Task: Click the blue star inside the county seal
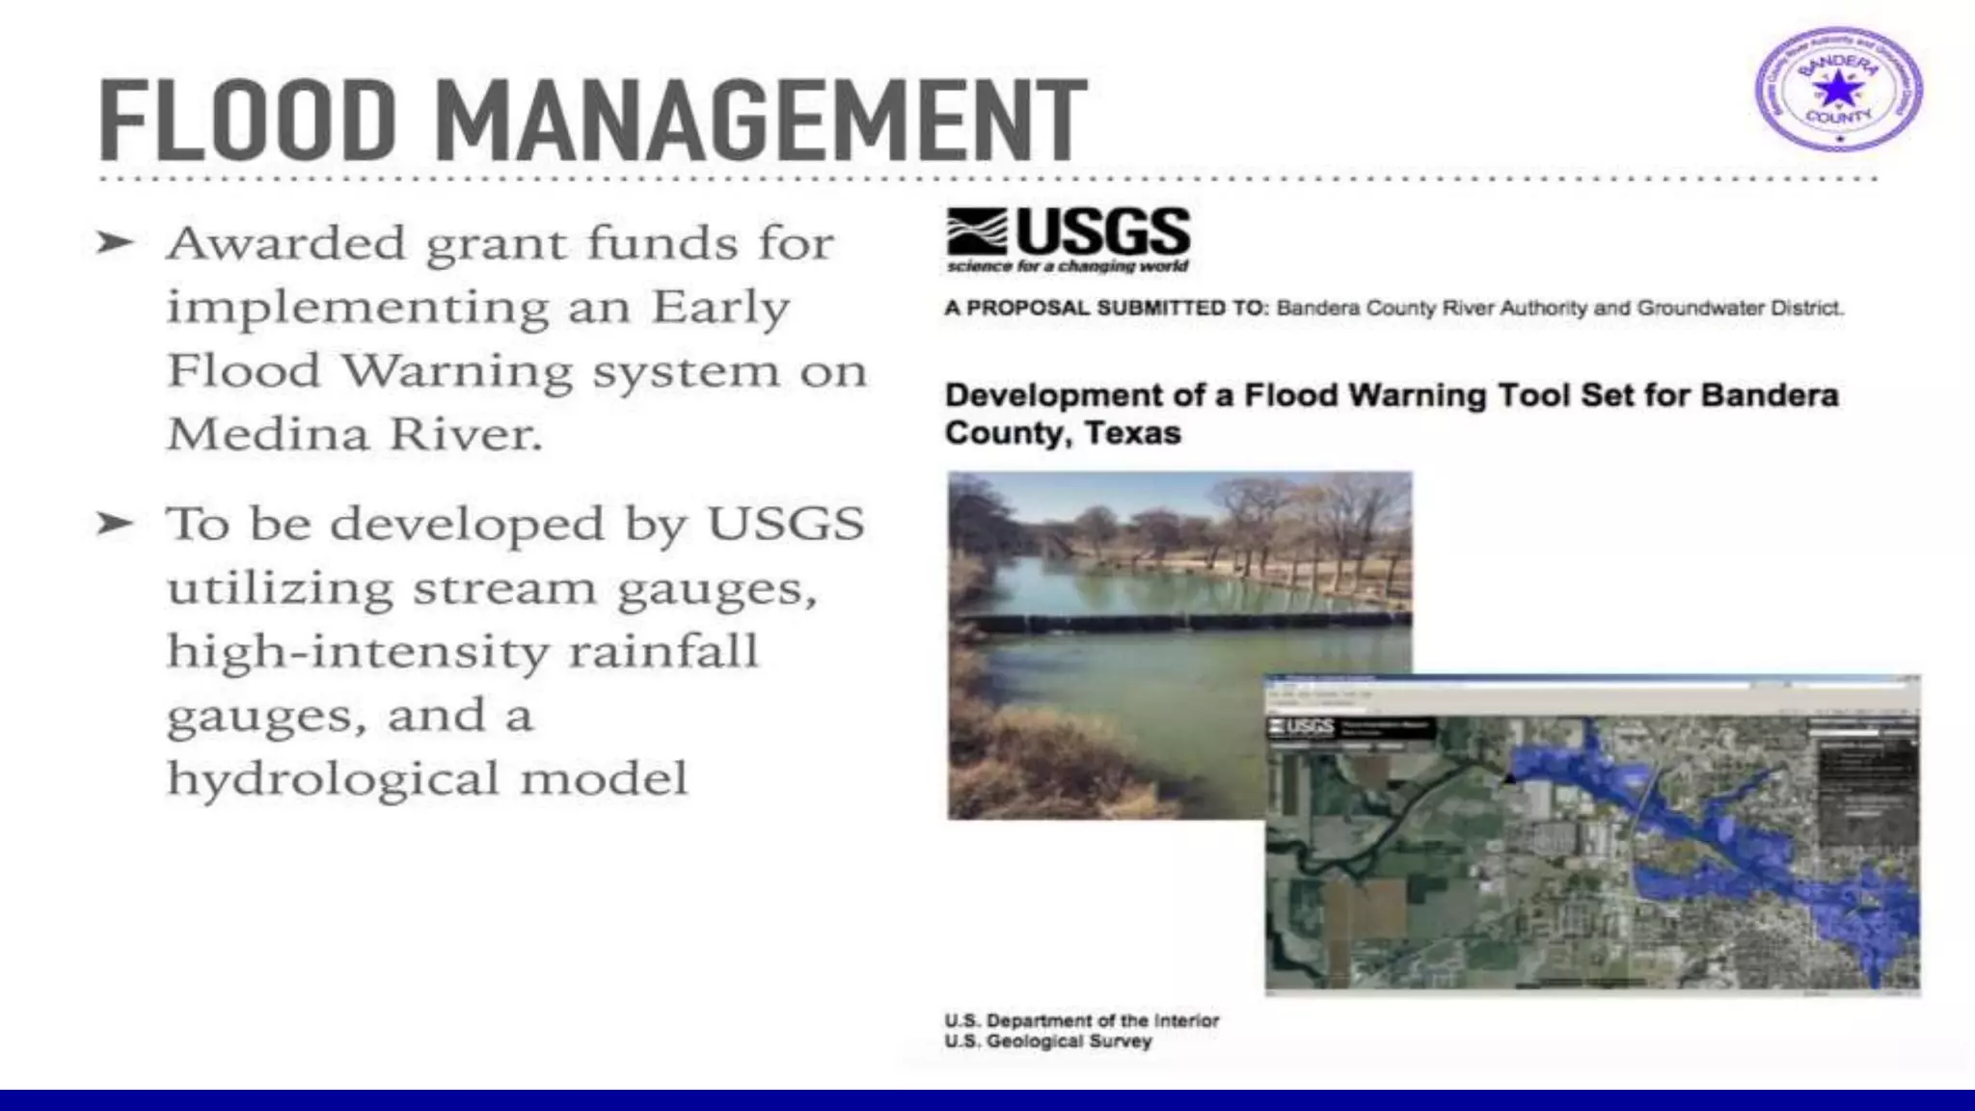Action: click(x=1838, y=90)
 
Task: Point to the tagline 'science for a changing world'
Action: click(x=1068, y=266)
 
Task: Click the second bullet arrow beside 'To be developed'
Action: click(x=115, y=524)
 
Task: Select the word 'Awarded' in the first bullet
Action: click(x=285, y=242)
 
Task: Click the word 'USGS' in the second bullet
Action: click(x=786, y=524)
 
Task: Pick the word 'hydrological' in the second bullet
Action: click(x=333, y=778)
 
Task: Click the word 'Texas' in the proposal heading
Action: click(x=1132, y=433)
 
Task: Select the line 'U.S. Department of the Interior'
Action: click(x=1081, y=1020)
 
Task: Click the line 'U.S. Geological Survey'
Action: click(x=1048, y=1042)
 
